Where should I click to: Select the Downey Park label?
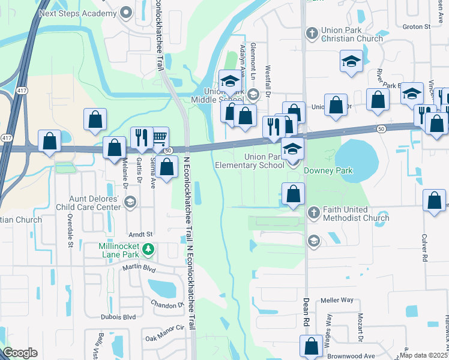point(328,170)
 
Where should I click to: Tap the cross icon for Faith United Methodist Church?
point(313,212)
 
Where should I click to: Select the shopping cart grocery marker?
point(159,137)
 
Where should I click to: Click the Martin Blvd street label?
point(139,268)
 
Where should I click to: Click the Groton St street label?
point(417,26)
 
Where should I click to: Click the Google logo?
point(20,352)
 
